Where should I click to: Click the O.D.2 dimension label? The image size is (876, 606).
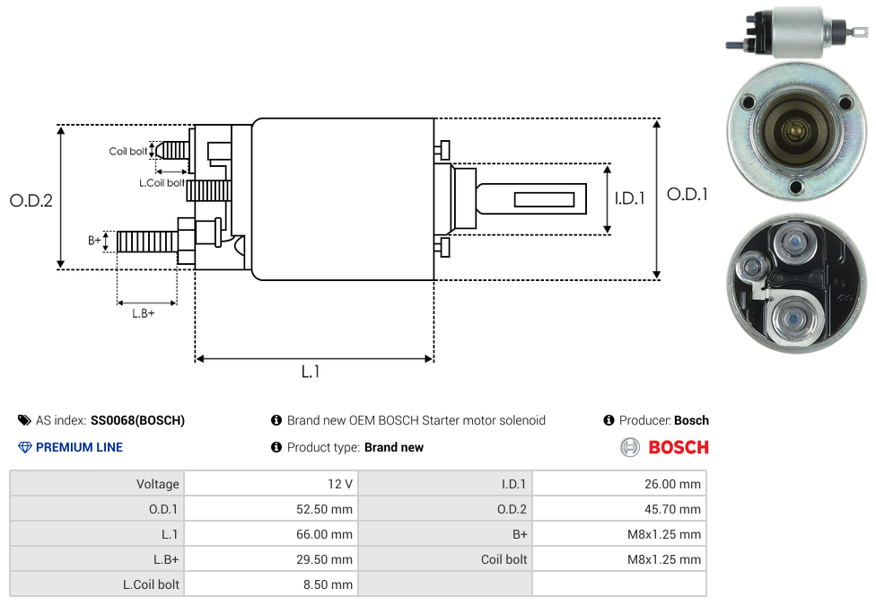click(x=31, y=200)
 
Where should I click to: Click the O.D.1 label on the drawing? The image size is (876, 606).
click(x=688, y=195)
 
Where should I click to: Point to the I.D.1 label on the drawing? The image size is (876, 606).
click(x=630, y=198)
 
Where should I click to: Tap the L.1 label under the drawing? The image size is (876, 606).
click(x=311, y=372)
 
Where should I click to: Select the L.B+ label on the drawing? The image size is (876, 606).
click(x=143, y=313)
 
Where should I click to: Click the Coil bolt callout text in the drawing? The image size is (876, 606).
click(x=128, y=152)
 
